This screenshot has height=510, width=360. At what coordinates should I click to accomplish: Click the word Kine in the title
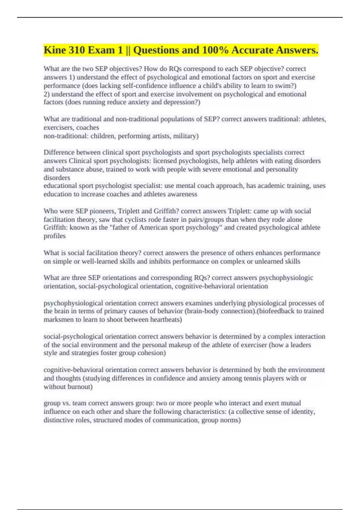(55, 50)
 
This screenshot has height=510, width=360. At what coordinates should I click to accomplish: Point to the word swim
(286, 86)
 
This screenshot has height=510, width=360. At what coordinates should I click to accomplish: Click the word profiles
(55, 236)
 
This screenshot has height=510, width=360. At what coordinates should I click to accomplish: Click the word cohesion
(151, 353)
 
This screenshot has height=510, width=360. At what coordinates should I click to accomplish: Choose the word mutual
(291, 403)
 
